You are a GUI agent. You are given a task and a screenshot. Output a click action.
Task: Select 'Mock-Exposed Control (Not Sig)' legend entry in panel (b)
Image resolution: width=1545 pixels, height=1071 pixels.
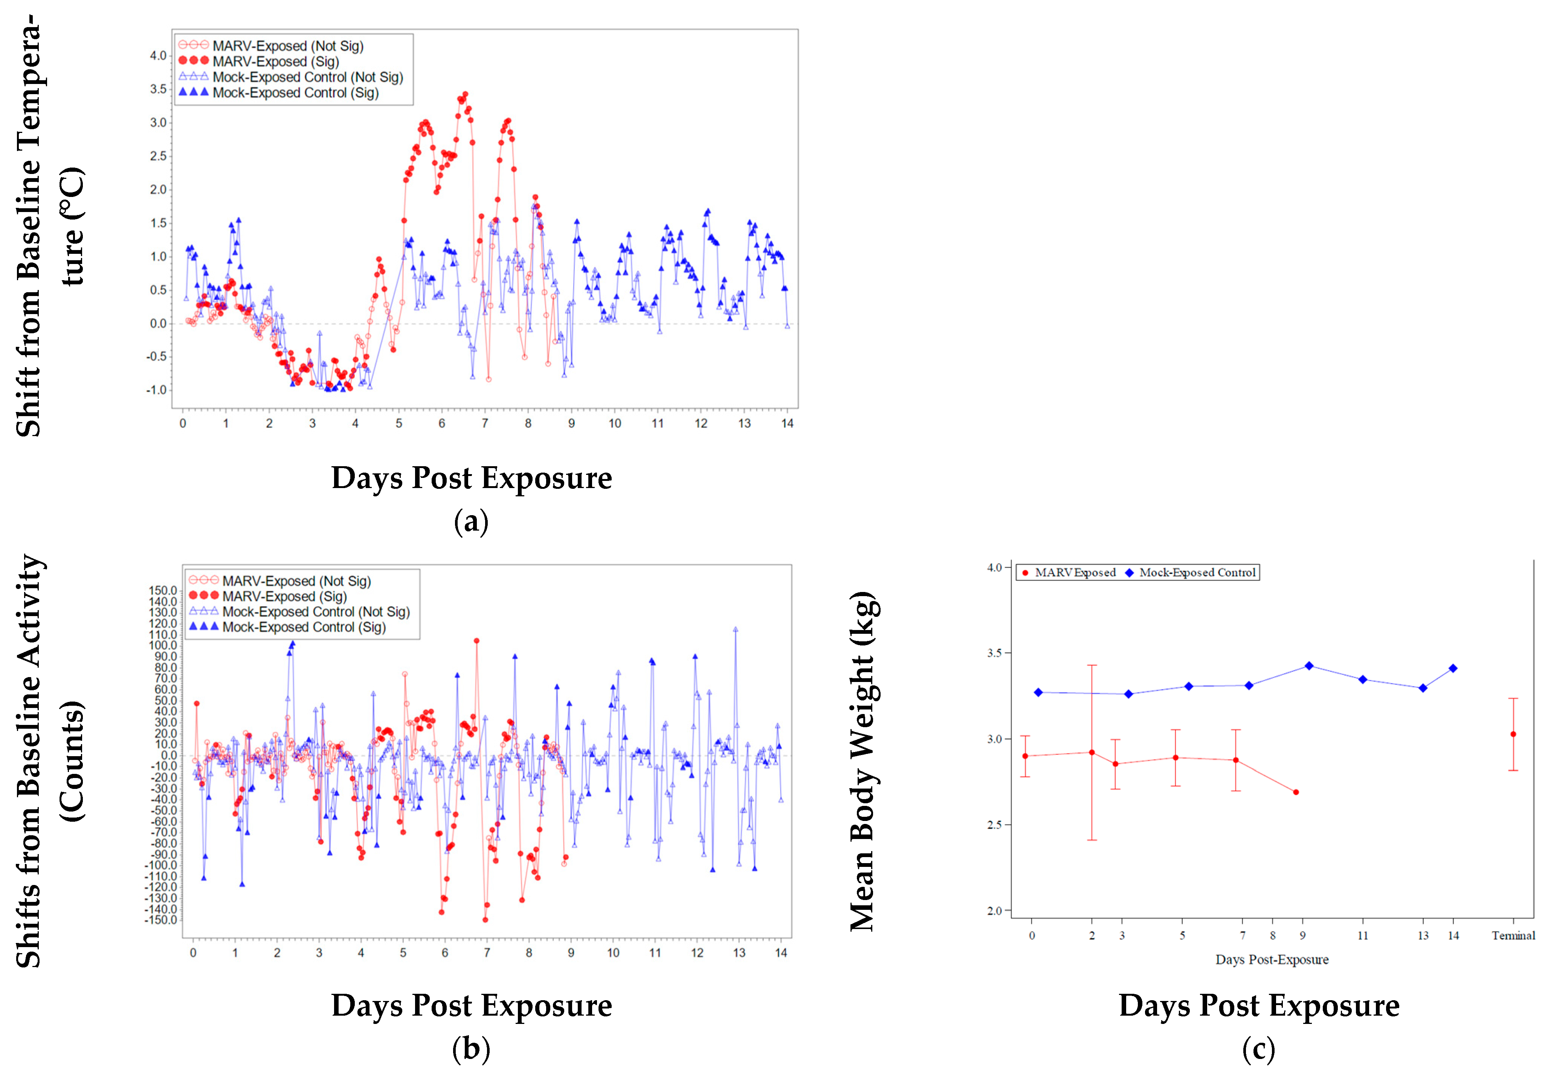pos(316,611)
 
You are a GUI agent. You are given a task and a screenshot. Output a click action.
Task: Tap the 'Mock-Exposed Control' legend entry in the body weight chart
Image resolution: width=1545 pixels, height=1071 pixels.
pos(1197,572)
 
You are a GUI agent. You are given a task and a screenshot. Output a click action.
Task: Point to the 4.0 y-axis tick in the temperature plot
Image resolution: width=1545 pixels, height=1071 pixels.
pos(158,56)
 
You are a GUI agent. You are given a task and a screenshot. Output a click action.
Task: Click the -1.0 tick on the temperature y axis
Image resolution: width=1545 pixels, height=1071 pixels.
pos(156,390)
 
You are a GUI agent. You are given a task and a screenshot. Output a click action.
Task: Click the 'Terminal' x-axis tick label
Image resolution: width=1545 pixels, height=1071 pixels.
pos(1513,935)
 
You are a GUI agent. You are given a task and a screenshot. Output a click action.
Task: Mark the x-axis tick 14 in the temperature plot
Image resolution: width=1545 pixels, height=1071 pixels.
pos(787,423)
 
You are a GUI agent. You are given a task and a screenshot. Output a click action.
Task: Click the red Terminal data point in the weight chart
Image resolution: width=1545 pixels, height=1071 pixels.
pos(1513,734)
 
